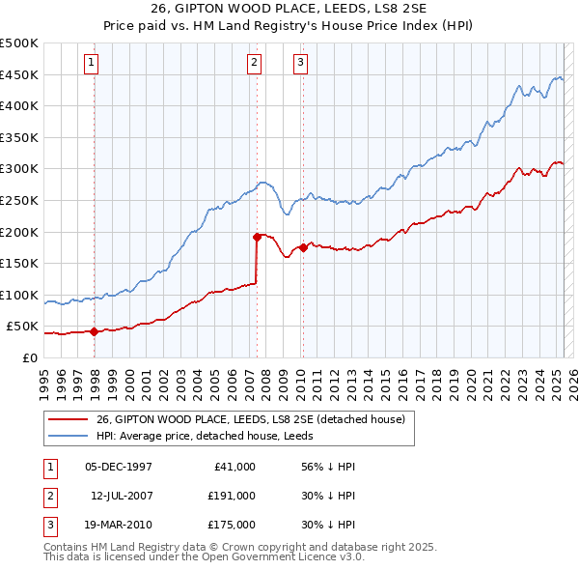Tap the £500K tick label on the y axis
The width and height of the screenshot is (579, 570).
tap(19, 43)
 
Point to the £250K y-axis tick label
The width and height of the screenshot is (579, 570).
tap(19, 200)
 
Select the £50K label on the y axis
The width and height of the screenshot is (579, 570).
tap(23, 327)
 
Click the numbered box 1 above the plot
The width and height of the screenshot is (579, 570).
tap(90, 64)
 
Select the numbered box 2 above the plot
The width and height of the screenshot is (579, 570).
tap(254, 64)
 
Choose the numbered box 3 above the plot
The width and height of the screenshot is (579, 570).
tap(300, 64)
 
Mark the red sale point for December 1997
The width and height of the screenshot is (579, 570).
tap(94, 331)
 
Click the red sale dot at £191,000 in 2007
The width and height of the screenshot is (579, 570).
tap(257, 236)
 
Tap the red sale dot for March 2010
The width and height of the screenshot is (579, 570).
tap(303, 246)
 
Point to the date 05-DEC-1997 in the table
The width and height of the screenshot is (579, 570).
tap(119, 467)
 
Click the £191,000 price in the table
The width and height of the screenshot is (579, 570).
tap(232, 496)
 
